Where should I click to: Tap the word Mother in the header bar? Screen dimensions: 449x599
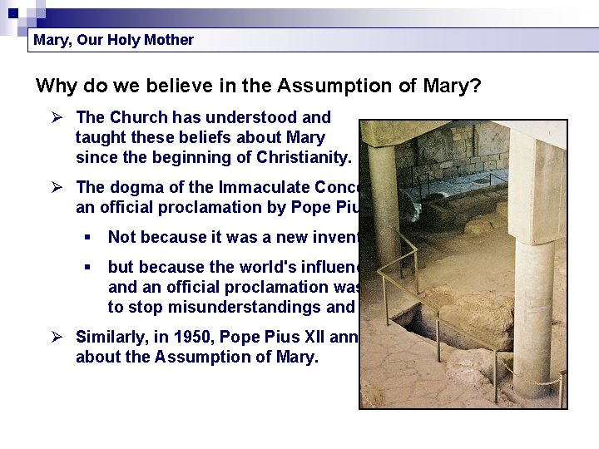pos(167,40)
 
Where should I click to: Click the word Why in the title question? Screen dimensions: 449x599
pos(56,86)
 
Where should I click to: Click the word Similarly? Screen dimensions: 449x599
pos(111,337)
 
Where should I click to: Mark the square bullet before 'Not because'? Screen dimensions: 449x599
pos(88,238)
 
